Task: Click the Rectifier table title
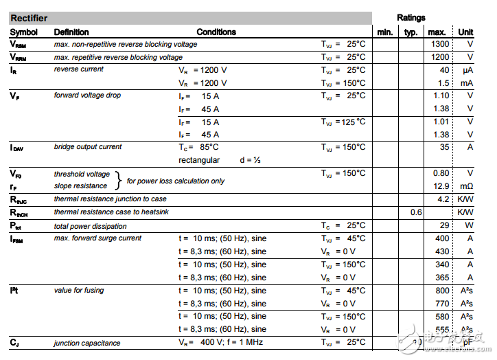(x=29, y=19)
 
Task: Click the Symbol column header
(x=24, y=32)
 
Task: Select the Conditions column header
(x=216, y=32)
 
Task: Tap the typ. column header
(x=411, y=32)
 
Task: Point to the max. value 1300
(x=439, y=44)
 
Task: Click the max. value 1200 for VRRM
(x=439, y=57)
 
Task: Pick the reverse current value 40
(x=444, y=70)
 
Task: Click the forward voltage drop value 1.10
(x=441, y=95)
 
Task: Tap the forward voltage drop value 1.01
(x=441, y=122)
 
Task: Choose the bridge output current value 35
(x=444, y=147)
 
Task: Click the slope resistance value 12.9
(x=441, y=186)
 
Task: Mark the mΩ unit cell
(x=467, y=186)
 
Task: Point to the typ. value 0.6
(x=416, y=212)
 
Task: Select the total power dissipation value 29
(x=444, y=225)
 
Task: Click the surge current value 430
(x=442, y=251)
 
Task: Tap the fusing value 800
(x=442, y=291)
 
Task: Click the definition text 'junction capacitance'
(x=87, y=343)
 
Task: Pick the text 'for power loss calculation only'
(x=175, y=181)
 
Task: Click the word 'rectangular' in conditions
(x=199, y=160)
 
